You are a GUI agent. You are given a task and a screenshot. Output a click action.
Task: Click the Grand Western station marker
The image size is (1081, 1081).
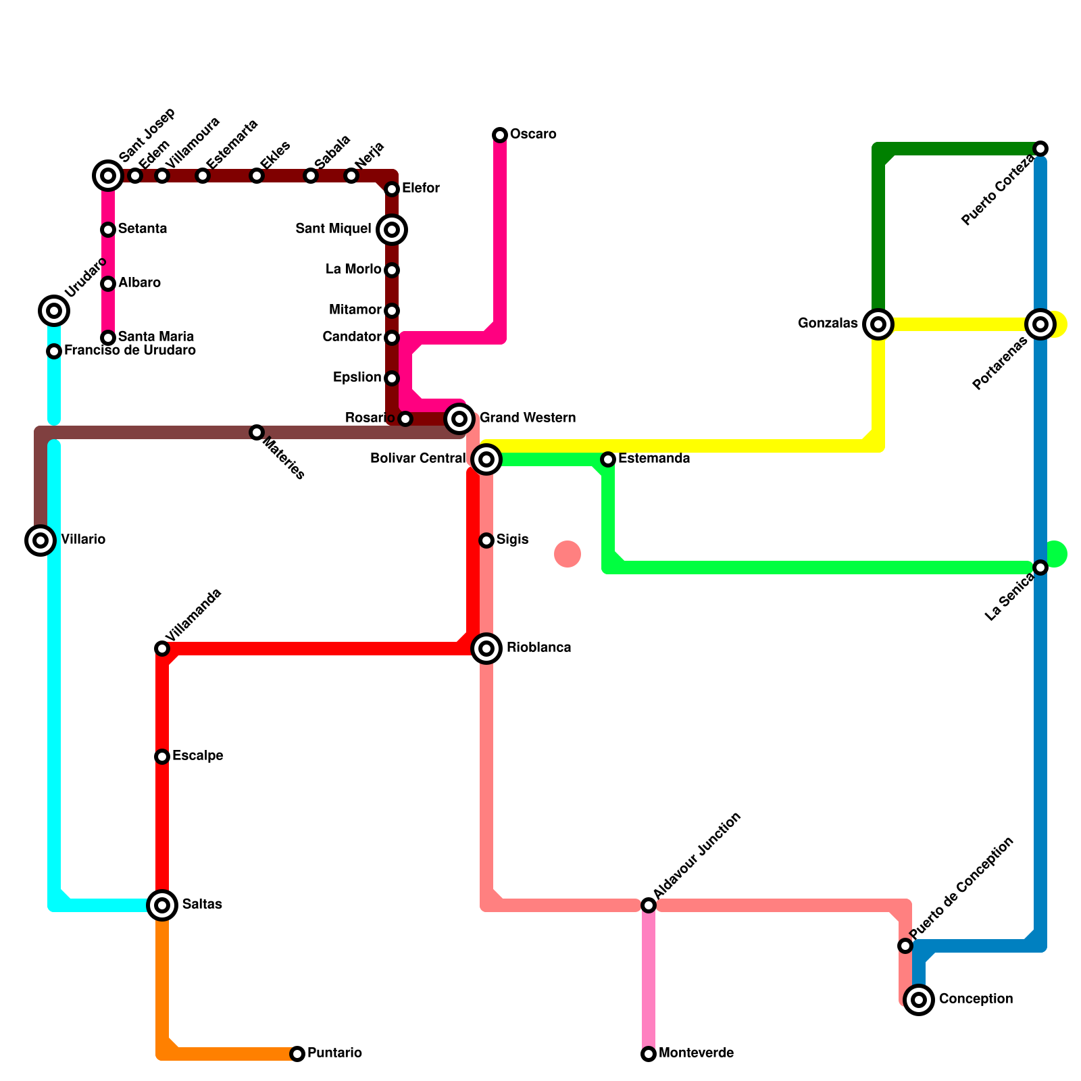tap(459, 419)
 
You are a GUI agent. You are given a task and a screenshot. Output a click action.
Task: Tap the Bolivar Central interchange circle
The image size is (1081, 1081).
tap(486, 459)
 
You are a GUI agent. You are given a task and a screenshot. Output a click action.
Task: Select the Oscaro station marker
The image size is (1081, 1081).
tap(500, 135)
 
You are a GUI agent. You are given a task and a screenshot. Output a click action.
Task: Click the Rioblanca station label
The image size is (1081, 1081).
tap(538, 648)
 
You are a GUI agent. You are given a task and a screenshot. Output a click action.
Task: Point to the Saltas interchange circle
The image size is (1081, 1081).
tap(162, 905)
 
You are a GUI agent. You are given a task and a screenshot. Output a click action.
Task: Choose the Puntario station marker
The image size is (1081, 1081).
tap(297, 1054)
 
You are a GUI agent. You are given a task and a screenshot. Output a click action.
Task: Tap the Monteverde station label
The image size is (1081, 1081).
tap(696, 1053)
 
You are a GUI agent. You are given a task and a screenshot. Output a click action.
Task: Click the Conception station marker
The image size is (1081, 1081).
tap(919, 1000)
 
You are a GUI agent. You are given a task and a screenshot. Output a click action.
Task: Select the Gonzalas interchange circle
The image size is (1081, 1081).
tap(878, 324)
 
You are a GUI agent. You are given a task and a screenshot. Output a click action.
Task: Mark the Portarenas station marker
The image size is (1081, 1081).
tap(1040, 324)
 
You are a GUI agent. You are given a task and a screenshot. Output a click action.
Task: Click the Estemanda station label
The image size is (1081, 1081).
tap(654, 459)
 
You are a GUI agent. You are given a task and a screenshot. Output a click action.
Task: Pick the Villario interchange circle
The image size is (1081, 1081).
tap(41, 540)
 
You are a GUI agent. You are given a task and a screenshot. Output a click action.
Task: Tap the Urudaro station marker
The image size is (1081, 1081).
tap(54, 311)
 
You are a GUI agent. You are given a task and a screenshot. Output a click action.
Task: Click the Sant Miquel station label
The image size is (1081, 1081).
tap(333, 229)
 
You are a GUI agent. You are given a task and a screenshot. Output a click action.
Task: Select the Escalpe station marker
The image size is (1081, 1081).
tap(162, 757)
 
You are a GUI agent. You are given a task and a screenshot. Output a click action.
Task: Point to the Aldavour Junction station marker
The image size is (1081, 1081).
tap(649, 905)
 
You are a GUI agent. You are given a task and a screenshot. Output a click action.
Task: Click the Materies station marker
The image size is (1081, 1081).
tap(257, 432)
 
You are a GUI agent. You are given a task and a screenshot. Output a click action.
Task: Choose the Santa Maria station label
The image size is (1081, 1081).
tap(156, 336)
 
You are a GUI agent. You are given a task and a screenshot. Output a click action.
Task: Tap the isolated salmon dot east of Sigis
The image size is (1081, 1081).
tap(568, 554)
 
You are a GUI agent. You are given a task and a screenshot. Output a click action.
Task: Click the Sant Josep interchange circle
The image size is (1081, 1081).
tap(108, 176)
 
